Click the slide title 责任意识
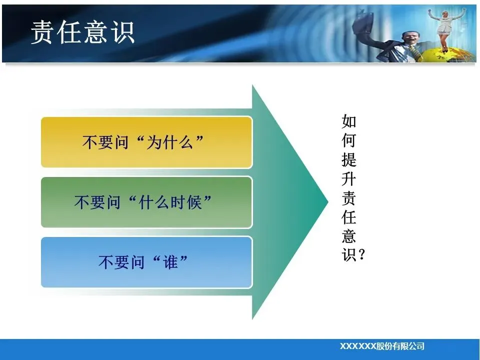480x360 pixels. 82,32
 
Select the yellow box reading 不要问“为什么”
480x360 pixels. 146,142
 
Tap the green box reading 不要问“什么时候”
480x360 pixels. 146,202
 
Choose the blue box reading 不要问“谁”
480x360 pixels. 146,262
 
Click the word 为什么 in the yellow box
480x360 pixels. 170,142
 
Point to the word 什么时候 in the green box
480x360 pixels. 170,202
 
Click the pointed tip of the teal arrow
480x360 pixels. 328,201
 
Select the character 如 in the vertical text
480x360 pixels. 349,121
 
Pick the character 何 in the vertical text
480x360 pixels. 349,140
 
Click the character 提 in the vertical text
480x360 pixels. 349,159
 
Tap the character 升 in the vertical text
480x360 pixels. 349,179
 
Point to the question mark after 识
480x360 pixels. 361,254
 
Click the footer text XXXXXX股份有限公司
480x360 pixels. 382,346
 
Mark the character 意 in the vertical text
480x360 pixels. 349,236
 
